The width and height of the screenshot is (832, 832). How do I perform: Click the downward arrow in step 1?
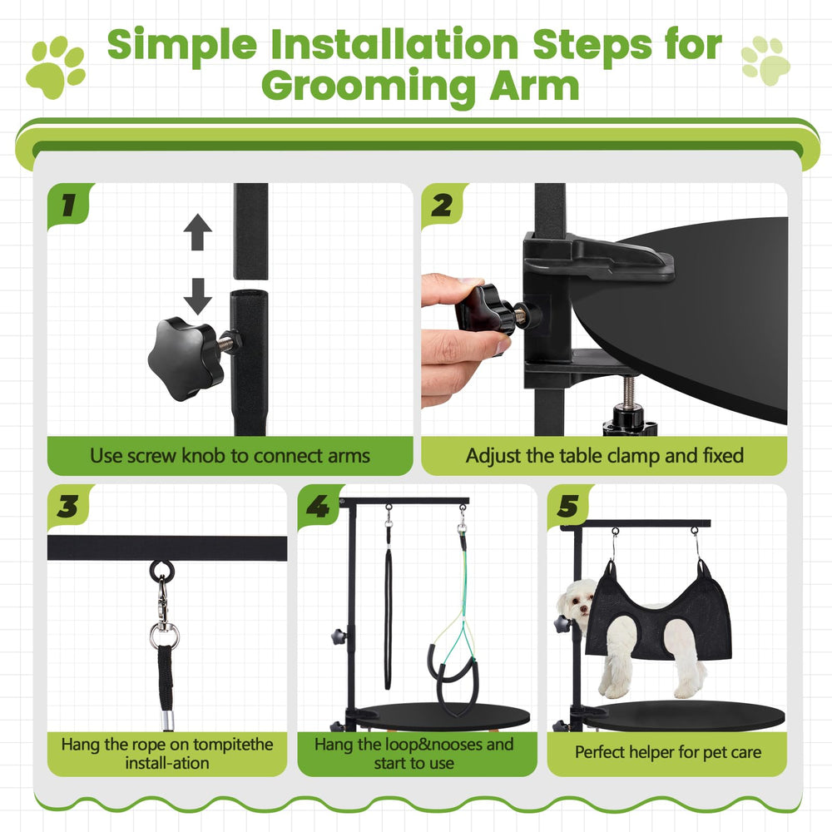pos(197,295)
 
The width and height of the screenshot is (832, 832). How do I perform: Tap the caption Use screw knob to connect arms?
pos(230,456)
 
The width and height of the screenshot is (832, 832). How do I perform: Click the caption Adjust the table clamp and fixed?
pos(604,456)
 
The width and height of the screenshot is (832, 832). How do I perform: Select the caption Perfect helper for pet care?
pos(667,753)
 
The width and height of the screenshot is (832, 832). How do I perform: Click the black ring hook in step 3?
pos(161,571)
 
